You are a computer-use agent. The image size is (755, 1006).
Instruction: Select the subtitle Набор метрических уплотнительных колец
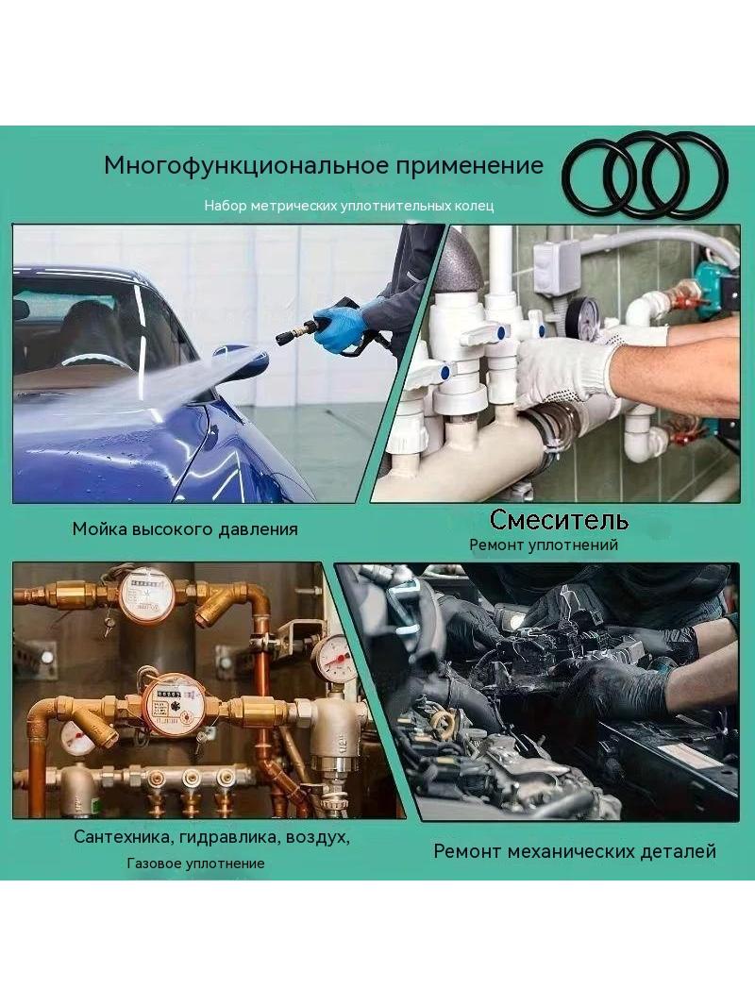[349, 206]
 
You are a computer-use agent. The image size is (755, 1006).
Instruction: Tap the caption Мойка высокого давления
[185, 529]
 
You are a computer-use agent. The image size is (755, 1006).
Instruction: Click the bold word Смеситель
[559, 519]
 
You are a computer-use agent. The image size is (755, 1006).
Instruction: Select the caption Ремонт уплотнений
[544, 545]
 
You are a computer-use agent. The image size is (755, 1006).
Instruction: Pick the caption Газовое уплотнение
[195, 863]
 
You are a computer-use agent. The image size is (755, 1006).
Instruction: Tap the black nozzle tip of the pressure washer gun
[283, 337]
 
